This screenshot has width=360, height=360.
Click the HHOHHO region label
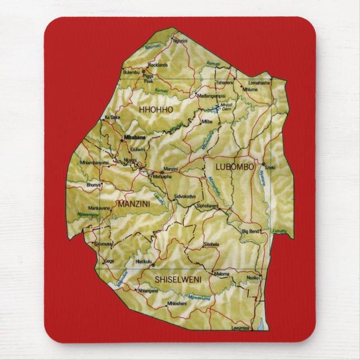point(156,109)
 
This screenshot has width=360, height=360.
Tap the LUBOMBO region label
point(230,167)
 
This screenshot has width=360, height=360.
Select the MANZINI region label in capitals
point(134,205)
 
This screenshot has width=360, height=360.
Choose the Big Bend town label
point(250,231)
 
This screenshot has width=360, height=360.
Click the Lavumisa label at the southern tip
point(241,328)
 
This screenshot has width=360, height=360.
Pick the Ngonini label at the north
point(180,41)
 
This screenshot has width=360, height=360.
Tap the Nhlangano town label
point(148,291)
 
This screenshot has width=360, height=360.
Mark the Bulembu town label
point(131,72)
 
